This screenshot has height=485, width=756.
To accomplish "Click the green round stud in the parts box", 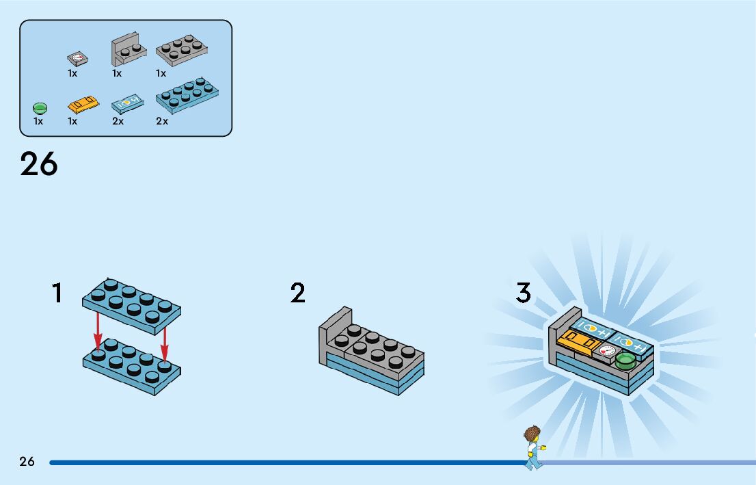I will pyautogui.click(x=39, y=107).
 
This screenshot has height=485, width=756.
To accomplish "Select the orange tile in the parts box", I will pyautogui.click(x=83, y=105).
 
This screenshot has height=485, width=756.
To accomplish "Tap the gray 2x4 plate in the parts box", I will pyautogui.click(x=182, y=49).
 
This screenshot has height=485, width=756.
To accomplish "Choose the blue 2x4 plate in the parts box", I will pyautogui.click(x=187, y=94).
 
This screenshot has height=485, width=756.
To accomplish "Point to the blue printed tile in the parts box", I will pyautogui.click(x=127, y=103).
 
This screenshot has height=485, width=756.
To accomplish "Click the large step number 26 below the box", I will pyautogui.click(x=39, y=164).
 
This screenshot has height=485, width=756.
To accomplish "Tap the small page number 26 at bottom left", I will pyautogui.click(x=27, y=462).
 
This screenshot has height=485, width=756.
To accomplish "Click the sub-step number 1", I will pyautogui.click(x=57, y=293).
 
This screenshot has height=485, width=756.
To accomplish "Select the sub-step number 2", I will pyautogui.click(x=297, y=293).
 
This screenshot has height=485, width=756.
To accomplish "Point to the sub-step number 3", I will pyautogui.click(x=523, y=293).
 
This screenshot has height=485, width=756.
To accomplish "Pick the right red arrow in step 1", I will pyautogui.click(x=165, y=342).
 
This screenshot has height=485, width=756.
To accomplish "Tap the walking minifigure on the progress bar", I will pyautogui.click(x=532, y=447).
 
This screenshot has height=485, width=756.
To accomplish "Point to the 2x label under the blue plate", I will pyautogui.click(x=162, y=121).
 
